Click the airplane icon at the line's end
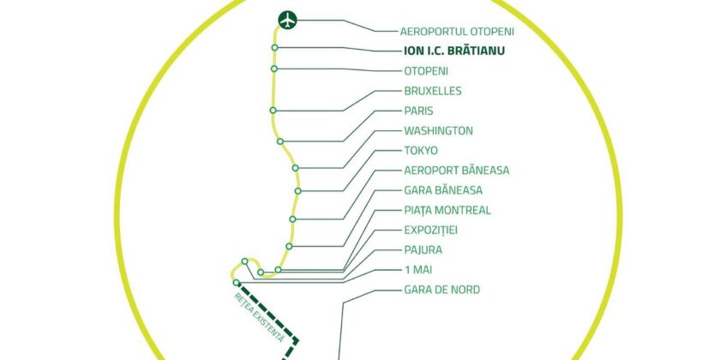coord(288,21)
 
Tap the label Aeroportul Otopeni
coord(457,32)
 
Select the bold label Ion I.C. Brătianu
coord(454,51)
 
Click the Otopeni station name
coord(426,71)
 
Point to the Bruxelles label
coord(433,91)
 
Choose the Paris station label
coord(418,111)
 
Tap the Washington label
coord(438,131)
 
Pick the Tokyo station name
coord(421,151)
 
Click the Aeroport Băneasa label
coord(456,171)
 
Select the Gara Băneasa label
coord(443,190)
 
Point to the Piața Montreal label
coord(447,210)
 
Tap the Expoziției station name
coord(430,230)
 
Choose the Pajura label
coord(423,249)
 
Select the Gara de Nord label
coord(441,290)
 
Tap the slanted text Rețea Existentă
coord(260,317)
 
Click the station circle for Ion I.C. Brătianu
coord(274,47)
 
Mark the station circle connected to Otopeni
coord(274,69)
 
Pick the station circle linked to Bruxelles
coord(273,111)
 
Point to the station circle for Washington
coord(295,168)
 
